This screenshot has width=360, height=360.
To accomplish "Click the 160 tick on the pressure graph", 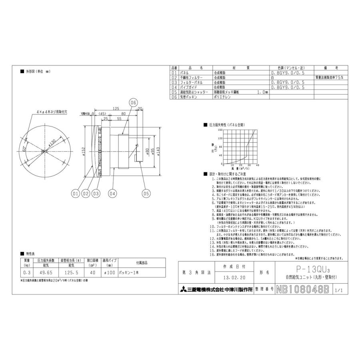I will tap(220, 130).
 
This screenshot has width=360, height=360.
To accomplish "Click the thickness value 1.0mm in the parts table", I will tap(262, 92).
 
